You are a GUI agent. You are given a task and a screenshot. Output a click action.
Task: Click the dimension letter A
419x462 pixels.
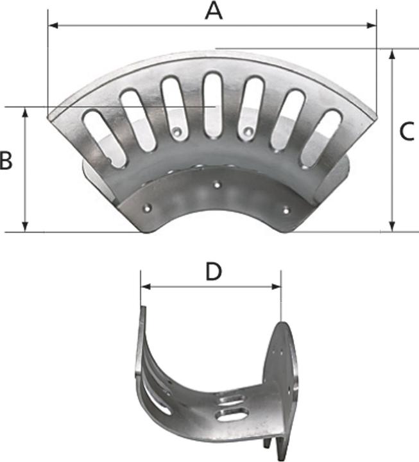[x=214, y=12]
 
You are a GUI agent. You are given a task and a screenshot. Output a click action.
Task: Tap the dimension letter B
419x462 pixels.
[x=6, y=160]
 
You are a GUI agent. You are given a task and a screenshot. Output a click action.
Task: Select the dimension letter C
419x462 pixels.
[x=407, y=132]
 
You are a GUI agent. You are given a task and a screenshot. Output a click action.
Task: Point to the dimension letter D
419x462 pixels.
[x=213, y=271]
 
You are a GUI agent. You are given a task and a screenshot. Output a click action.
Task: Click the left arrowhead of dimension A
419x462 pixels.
[x=53, y=26]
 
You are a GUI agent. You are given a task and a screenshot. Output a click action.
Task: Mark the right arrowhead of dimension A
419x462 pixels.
[x=372, y=26]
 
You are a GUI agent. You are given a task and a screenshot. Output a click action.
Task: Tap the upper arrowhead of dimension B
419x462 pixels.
[x=25, y=112]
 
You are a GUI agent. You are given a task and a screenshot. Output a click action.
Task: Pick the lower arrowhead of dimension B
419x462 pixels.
[x=25, y=227]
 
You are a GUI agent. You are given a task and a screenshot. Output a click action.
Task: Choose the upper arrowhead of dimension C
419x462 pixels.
[x=392, y=54]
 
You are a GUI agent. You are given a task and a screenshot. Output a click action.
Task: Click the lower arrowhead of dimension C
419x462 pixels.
[x=392, y=227]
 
